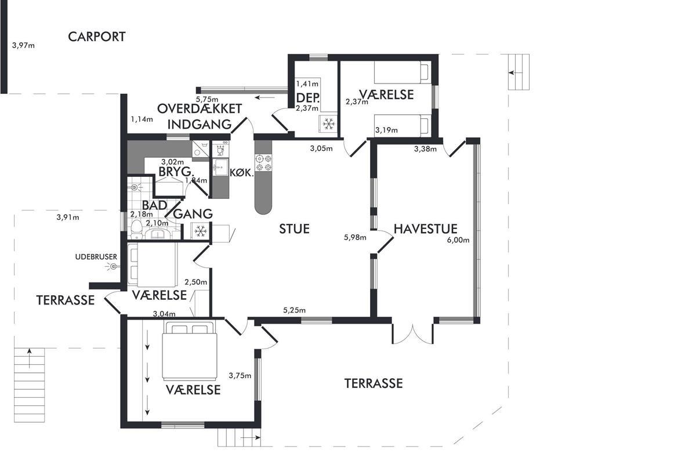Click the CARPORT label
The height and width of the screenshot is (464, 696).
click(97, 37)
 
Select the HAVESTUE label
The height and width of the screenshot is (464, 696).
click(426, 229)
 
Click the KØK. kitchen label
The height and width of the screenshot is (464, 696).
click(242, 173)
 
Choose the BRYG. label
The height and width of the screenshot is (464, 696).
click(176, 172)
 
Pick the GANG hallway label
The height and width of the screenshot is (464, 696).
click(193, 214)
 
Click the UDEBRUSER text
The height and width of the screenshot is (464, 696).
click(96, 256)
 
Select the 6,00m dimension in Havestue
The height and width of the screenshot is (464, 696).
click(458, 240)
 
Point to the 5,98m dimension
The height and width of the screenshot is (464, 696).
click(356, 237)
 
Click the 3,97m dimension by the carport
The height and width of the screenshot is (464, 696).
click(24, 45)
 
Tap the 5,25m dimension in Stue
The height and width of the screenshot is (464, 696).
click(295, 310)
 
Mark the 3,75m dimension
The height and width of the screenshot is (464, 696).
click(240, 375)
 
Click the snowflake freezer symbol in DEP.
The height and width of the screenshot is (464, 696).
click(328, 124)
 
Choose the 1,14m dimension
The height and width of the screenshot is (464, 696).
click(142, 119)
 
